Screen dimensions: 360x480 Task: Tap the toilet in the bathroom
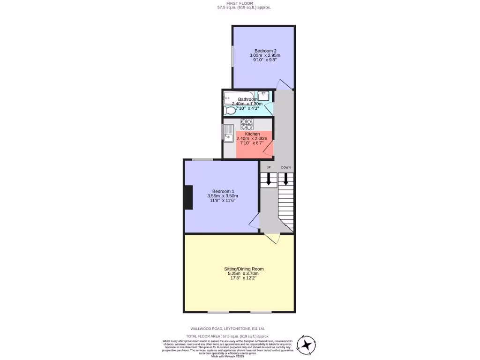[x=230, y=111]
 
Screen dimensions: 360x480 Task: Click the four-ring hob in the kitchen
[x=247, y=124]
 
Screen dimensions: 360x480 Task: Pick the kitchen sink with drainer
[x=228, y=133]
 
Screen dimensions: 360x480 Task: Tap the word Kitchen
[x=252, y=134]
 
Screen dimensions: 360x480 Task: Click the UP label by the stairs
[x=269, y=167]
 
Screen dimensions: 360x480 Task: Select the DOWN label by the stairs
[x=286, y=167]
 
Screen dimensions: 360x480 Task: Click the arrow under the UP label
[x=269, y=180]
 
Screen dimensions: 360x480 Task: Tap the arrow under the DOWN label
[x=286, y=180]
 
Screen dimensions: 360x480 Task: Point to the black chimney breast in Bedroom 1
[x=188, y=197]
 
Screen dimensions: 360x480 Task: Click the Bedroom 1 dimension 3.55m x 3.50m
[x=223, y=196]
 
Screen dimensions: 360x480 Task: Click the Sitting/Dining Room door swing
[x=273, y=239]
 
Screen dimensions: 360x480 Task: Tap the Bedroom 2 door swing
[x=284, y=84]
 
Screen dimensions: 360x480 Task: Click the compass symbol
[x=307, y=345]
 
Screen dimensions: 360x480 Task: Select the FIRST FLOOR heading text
[x=244, y=3]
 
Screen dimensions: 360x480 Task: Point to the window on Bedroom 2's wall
[x=233, y=59]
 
